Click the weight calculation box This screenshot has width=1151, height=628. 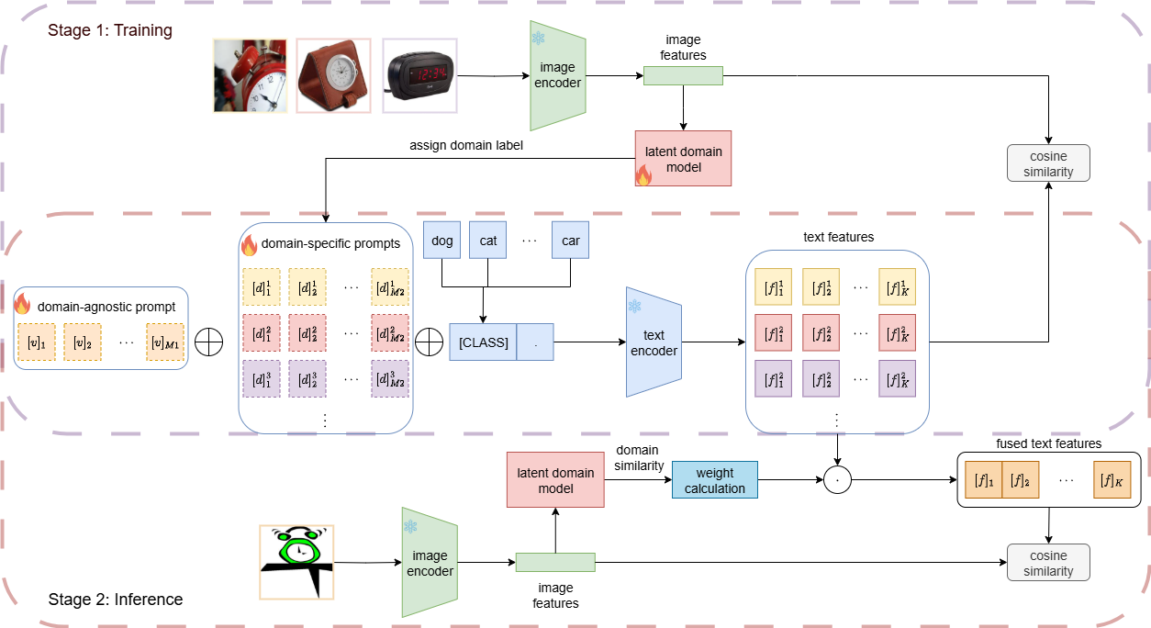tap(715, 480)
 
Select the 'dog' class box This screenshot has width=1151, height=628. tap(442, 241)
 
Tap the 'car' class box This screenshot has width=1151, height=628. tap(570, 241)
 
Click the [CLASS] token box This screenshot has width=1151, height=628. tap(483, 342)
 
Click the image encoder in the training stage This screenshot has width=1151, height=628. tap(558, 75)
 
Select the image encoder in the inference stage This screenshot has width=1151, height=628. tap(430, 562)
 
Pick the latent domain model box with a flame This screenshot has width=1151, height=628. tap(683, 158)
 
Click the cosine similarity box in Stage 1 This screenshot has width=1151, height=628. tap(1048, 163)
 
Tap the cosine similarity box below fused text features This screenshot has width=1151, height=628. tap(1048, 562)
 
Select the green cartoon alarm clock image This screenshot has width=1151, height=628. tap(296, 561)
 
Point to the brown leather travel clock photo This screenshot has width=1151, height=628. tap(333, 75)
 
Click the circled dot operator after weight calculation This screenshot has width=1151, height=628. tap(837, 479)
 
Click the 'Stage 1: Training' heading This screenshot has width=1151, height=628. tap(110, 30)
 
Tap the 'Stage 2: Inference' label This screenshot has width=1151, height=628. tap(115, 600)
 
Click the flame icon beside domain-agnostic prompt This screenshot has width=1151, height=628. tap(23, 304)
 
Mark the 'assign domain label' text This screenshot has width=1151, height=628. tap(465, 144)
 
